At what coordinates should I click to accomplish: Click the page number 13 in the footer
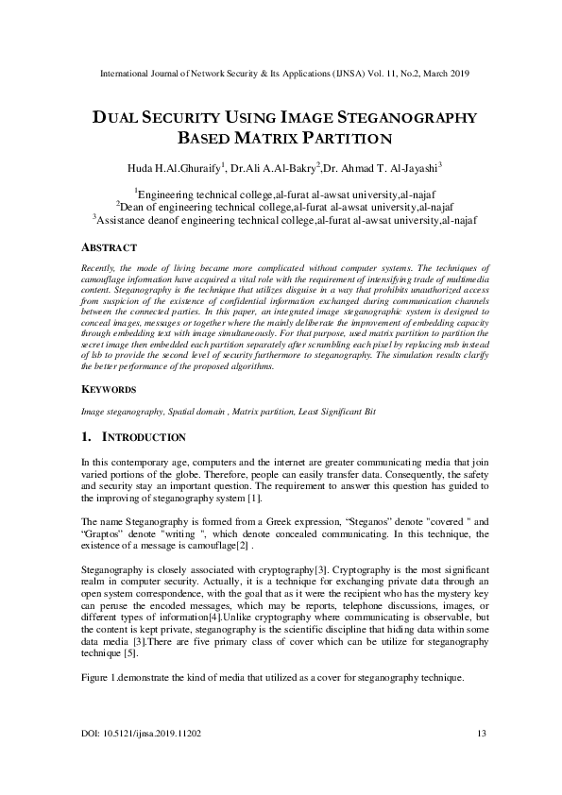(x=480, y=734)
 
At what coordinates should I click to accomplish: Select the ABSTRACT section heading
(x=109, y=247)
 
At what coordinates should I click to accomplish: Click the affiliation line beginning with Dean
(x=281, y=206)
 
